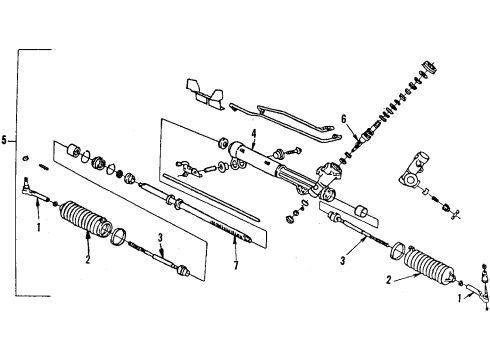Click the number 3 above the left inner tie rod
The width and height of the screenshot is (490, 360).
(x=159, y=237)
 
